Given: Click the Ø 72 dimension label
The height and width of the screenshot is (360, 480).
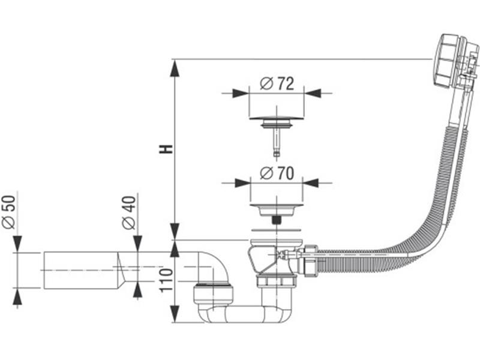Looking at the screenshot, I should coord(277,84).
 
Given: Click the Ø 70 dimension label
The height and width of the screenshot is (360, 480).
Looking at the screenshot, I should coord(277,173).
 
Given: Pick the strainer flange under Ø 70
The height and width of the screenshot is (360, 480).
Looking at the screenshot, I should coord(276,210).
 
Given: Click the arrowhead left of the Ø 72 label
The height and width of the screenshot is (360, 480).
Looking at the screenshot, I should coord(240,93).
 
